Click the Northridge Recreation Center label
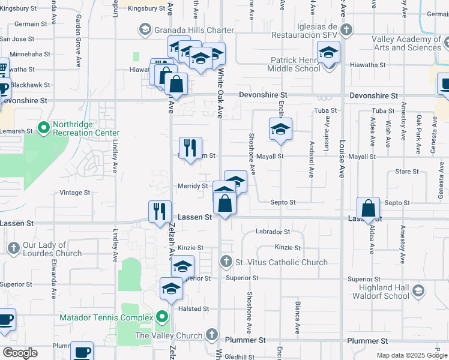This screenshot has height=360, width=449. (x=86, y=128)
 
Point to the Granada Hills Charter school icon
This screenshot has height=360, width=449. (x=145, y=29)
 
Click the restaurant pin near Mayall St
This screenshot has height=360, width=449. (x=191, y=148)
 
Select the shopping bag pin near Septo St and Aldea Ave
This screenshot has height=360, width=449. (x=369, y=209)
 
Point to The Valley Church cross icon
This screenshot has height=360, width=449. (x=211, y=335)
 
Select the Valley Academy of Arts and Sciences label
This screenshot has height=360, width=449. (x=406, y=43)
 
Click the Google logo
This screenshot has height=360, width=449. (x=20, y=353)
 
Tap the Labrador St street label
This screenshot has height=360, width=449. (x=273, y=232)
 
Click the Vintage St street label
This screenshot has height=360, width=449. (x=75, y=193)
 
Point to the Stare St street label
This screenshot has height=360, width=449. (x=407, y=172)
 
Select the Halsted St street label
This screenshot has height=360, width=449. (x=193, y=309)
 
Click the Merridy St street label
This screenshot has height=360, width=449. (x=192, y=186)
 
